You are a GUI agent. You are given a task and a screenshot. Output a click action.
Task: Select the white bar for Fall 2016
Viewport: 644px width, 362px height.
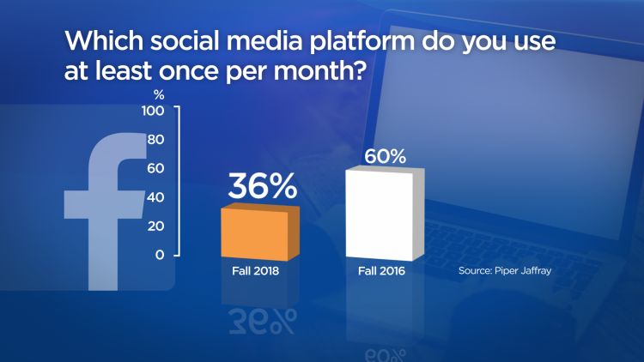pos(381,214)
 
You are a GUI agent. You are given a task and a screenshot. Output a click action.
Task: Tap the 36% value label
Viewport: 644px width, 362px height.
pos(261,188)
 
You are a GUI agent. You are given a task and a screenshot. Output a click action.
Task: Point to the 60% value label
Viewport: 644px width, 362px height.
pos(383,157)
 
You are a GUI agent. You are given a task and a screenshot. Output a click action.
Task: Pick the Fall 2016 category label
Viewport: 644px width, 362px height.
pos(383,272)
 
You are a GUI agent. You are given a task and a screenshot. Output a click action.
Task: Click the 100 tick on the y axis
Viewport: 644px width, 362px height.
pos(153,112)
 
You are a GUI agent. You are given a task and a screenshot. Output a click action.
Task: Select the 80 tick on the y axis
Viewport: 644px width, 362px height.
pos(155,140)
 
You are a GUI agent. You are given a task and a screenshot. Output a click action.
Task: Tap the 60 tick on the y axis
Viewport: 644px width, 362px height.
pos(155,169)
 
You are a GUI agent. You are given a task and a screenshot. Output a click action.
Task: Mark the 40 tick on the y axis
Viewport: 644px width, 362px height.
pos(155,197)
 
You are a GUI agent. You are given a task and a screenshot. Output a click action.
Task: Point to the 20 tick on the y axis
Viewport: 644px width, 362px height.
pos(155,226)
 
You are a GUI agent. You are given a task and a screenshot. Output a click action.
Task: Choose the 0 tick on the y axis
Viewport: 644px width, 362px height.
pos(160,255)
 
